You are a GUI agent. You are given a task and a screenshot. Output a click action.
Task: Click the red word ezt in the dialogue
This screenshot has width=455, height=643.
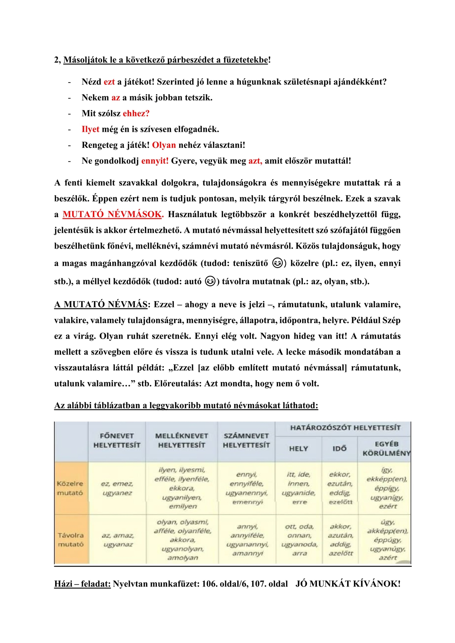(x=109, y=82)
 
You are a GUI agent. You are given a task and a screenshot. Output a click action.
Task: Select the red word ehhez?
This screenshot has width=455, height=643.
(x=136, y=114)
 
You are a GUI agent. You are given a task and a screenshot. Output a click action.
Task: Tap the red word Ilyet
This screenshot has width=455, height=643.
(x=90, y=129)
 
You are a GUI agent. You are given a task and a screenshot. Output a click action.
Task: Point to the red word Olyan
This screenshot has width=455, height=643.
(x=164, y=145)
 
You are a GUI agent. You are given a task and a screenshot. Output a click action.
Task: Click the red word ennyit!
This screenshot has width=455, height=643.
(x=155, y=161)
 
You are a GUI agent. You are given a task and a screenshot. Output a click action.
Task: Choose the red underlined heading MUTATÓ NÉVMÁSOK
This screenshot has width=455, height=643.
(x=113, y=215)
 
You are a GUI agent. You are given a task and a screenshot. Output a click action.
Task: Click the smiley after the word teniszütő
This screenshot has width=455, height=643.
(x=277, y=263)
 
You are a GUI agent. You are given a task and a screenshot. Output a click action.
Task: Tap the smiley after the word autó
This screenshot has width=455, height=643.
(x=211, y=281)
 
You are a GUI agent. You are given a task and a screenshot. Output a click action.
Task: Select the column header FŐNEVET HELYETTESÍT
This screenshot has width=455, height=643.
(x=117, y=440)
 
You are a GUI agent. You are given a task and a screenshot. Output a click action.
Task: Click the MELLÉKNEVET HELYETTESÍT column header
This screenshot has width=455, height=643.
(x=182, y=440)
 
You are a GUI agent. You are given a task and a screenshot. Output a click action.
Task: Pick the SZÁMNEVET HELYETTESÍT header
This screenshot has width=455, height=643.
(x=246, y=440)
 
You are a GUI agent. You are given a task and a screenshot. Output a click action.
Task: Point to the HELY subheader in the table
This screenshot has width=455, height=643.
(x=298, y=449)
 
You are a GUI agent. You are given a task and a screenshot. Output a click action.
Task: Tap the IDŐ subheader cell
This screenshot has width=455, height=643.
(x=340, y=449)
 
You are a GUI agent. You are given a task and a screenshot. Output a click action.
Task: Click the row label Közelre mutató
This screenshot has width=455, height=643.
(x=70, y=488)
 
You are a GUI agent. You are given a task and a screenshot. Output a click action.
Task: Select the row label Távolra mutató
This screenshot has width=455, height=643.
(x=71, y=540)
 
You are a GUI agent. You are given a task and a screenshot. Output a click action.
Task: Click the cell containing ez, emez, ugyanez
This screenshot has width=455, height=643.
(x=117, y=488)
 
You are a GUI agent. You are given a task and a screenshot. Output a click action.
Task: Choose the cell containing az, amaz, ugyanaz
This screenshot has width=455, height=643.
(x=118, y=540)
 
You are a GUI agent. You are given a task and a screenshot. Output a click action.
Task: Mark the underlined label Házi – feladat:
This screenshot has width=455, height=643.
(x=82, y=584)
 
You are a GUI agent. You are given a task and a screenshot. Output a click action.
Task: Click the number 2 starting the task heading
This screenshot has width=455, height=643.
(x=57, y=60)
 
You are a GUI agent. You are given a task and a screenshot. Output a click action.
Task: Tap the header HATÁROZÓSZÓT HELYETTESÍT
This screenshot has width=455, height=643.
(x=345, y=428)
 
